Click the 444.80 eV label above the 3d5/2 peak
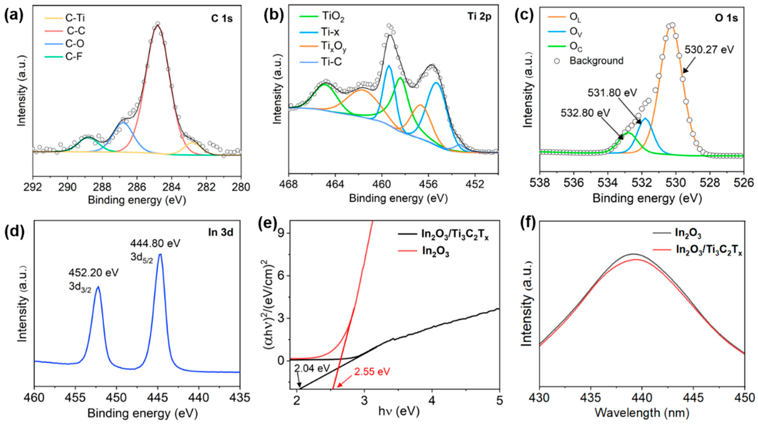(155, 244)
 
